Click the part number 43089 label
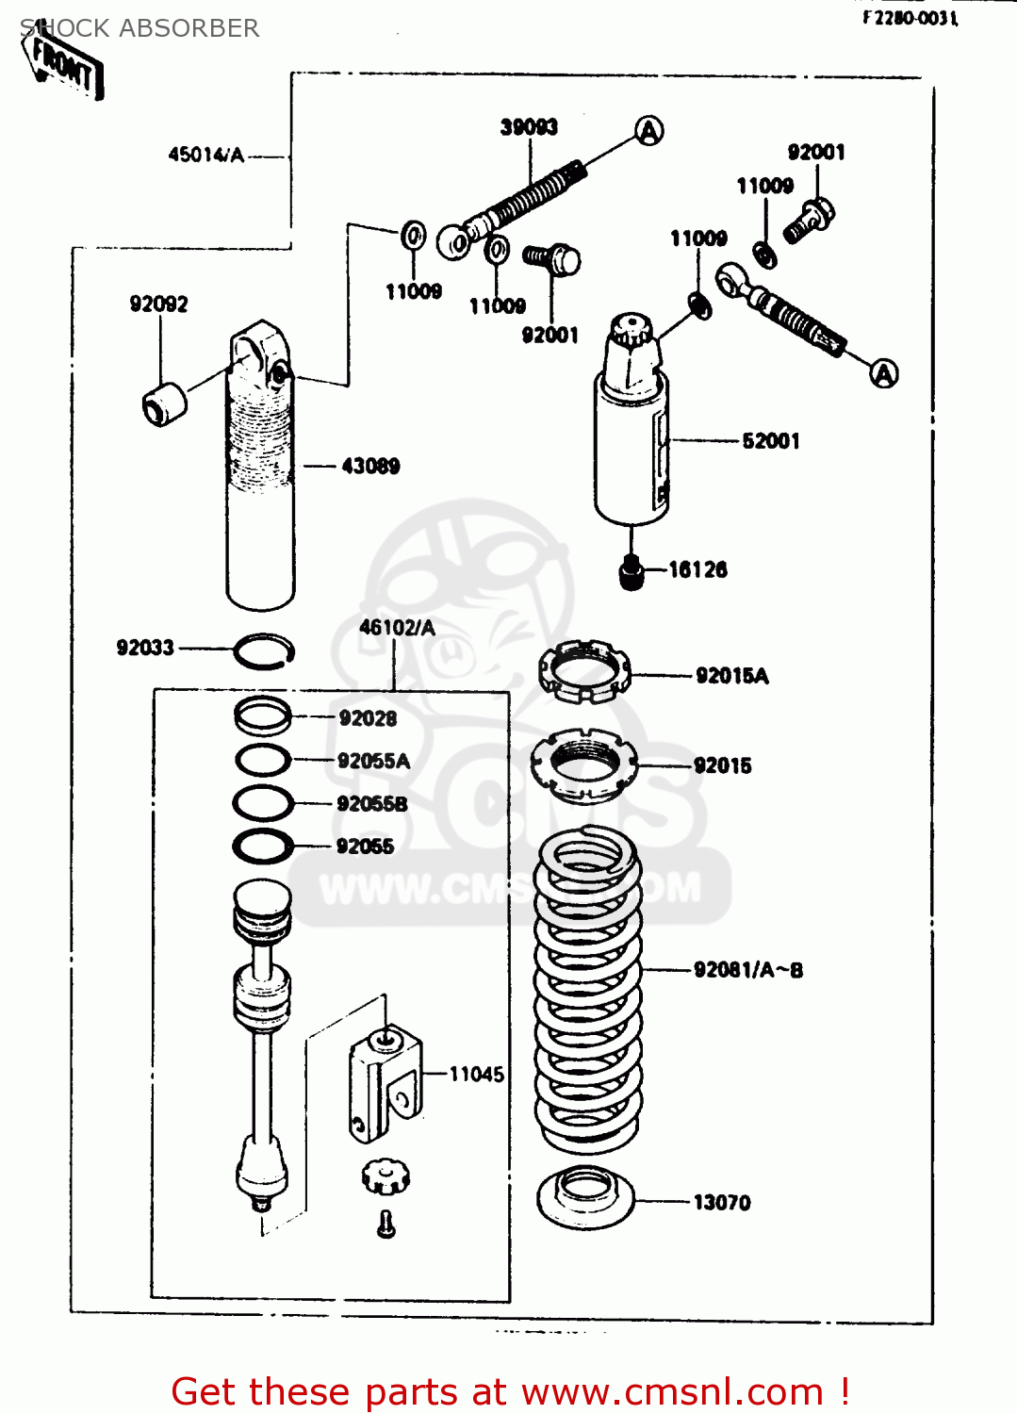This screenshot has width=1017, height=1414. click(x=370, y=466)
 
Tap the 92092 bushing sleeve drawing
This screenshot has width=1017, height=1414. click(x=164, y=404)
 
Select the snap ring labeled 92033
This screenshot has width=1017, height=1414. click(x=264, y=650)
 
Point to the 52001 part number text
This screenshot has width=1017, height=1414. click(x=771, y=441)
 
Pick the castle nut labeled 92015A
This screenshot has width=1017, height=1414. click(x=583, y=671)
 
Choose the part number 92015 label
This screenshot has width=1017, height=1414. click(x=722, y=765)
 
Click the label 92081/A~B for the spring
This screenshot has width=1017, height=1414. click(x=748, y=970)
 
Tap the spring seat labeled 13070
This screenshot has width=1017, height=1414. click(x=585, y=1199)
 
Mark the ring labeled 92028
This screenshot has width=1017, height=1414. click(x=263, y=716)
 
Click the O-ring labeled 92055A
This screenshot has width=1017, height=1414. click(x=263, y=760)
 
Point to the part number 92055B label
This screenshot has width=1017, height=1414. click(x=372, y=804)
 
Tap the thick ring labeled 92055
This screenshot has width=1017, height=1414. click(x=263, y=846)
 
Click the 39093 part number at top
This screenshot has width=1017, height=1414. click(x=529, y=127)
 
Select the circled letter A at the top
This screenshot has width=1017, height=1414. click(x=648, y=131)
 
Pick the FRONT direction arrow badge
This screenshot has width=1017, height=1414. click(x=64, y=64)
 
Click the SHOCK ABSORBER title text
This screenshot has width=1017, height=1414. click(x=139, y=28)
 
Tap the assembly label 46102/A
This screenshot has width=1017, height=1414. click(x=397, y=628)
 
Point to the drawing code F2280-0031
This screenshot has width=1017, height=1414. click(x=910, y=18)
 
